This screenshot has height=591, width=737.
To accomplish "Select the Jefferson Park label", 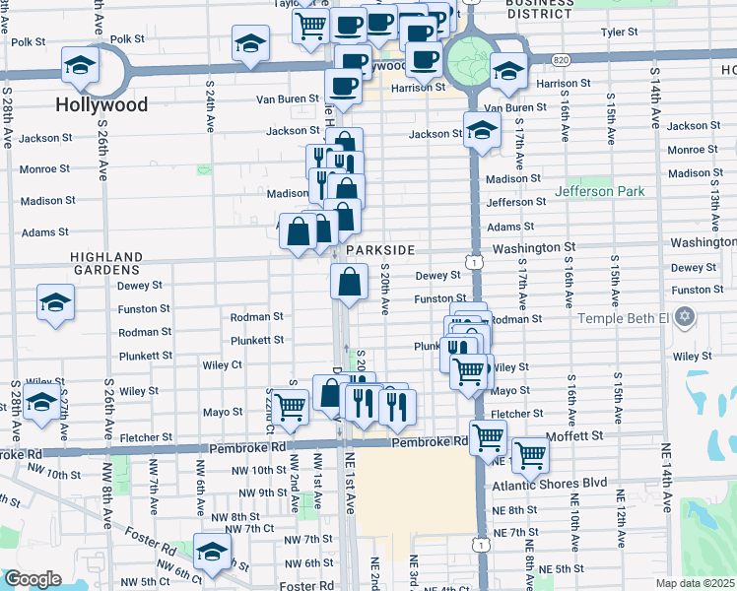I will (x=597, y=191).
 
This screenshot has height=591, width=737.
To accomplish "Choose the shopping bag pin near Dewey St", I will (x=349, y=283).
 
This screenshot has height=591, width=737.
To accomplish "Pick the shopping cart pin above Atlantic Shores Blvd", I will (x=530, y=454).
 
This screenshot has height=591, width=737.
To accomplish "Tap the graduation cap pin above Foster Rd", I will (x=212, y=553).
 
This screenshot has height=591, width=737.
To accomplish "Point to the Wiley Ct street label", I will (x=222, y=364).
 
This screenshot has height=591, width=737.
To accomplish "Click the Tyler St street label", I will (x=620, y=33).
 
